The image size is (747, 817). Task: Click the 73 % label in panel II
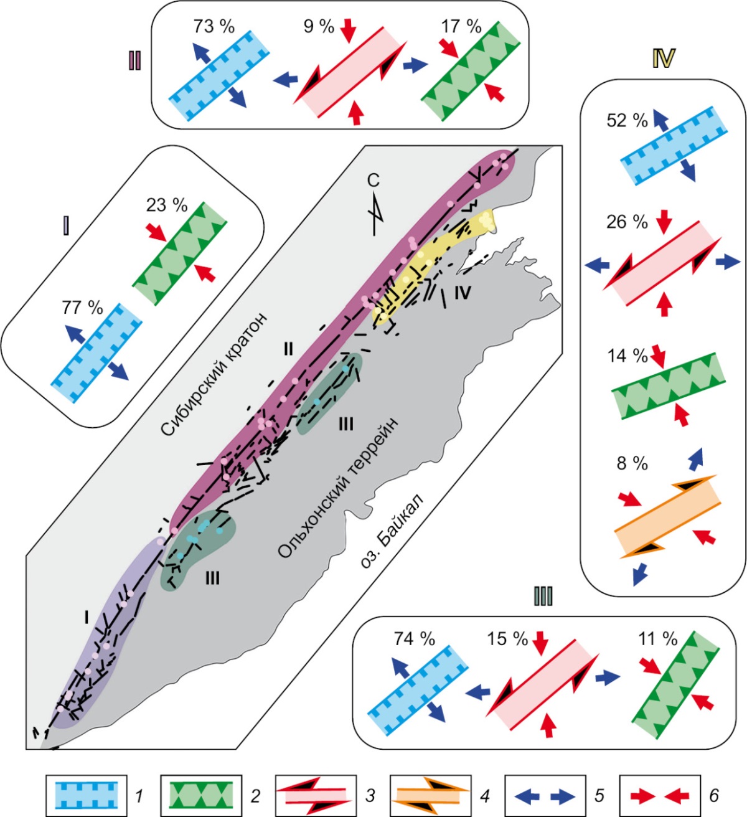point(214,27)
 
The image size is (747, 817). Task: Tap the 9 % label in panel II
point(318,27)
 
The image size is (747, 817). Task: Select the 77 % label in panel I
point(82,307)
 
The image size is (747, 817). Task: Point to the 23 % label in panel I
point(166,205)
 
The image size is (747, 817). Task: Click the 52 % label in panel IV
point(627,120)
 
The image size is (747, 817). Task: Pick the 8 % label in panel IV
point(632,463)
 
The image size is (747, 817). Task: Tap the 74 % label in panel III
point(414,639)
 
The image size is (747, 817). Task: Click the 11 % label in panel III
point(657,639)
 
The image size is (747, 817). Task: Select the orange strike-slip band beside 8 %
point(667,516)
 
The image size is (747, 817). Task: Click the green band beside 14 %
point(668,387)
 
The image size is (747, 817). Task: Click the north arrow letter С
point(373,181)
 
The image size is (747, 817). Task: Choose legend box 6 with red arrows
point(660,795)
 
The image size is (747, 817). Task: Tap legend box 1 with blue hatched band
point(86,795)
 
